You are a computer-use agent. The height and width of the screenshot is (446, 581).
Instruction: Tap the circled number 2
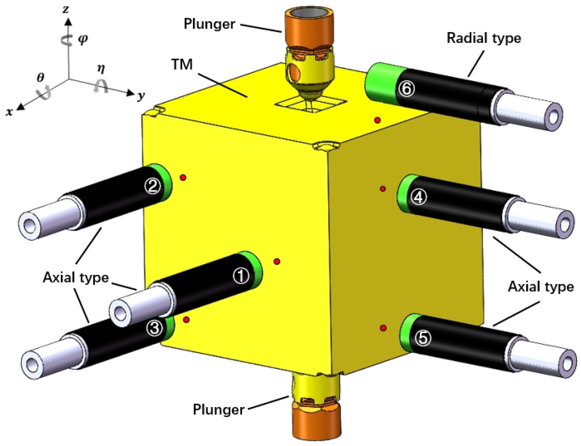pyautogui.click(x=153, y=186)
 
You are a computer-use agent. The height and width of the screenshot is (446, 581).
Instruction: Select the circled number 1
pyautogui.click(x=241, y=276)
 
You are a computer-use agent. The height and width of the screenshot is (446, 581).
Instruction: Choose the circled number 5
pyautogui.click(x=423, y=338)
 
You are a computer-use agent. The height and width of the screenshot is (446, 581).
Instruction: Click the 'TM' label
pyautogui.click(x=182, y=65)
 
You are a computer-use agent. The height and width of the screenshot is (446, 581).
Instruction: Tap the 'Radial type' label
pyautogui.click(x=484, y=38)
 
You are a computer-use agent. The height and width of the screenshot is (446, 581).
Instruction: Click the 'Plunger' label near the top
pyautogui.click(x=209, y=24)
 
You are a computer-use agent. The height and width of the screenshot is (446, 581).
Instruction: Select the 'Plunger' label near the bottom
pyautogui.click(x=218, y=409)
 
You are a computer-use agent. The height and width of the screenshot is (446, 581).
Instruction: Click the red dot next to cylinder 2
pyautogui.click(x=183, y=177)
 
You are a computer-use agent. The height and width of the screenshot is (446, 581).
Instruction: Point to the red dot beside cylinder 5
pyautogui.click(x=383, y=328)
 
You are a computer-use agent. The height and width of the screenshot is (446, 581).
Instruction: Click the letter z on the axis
pyautogui.click(x=66, y=10)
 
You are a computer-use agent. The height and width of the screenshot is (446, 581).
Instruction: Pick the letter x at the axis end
pyautogui.click(x=9, y=112)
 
